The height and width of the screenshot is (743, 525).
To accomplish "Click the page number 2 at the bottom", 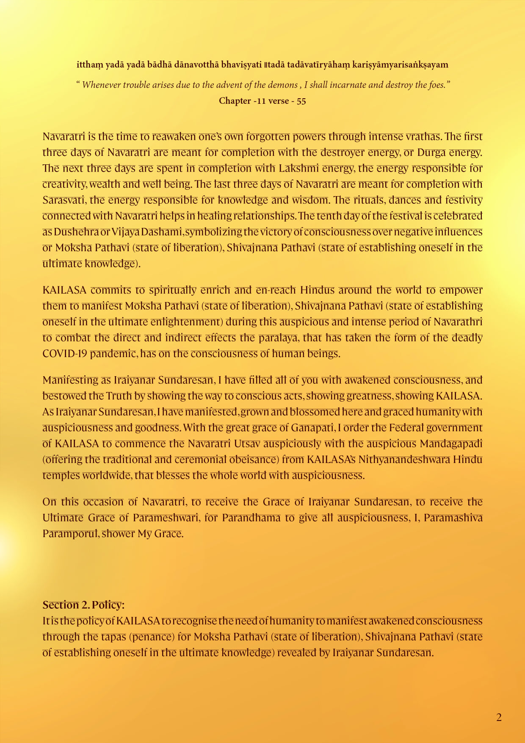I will tap(499, 717).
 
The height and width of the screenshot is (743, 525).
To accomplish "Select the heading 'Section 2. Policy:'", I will tap(83, 604).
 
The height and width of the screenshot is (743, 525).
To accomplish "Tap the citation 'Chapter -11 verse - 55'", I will tap(262, 101).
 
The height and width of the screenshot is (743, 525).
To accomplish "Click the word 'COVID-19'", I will tap(64, 354).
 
